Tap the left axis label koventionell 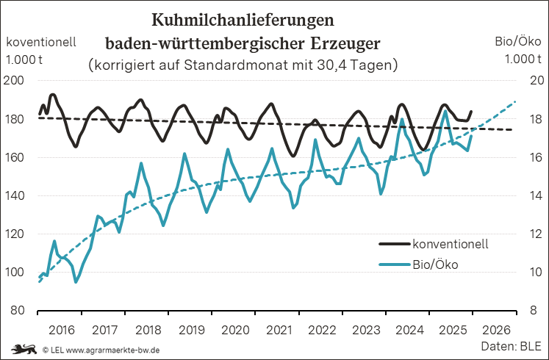tap(41, 42)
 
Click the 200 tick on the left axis tap(18, 81)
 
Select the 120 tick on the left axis tap(18, 234)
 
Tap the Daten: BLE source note tap(510, 345)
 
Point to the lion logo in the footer tap(22, 349)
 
